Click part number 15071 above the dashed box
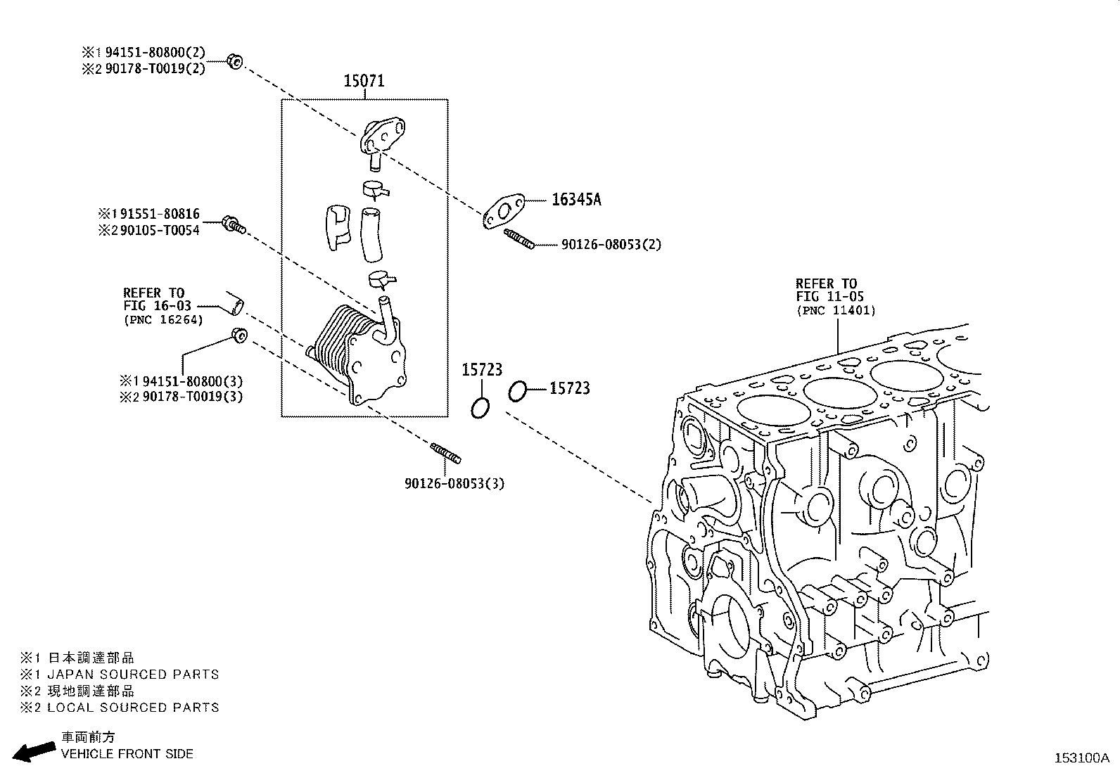364,81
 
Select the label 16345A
576,200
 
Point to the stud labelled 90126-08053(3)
445,454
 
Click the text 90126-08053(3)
454,484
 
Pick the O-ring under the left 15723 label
481,407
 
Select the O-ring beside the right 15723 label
517,391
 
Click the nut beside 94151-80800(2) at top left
236,61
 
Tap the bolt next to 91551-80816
233,225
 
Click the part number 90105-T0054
160,230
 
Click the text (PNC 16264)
163,320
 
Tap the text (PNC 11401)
836,310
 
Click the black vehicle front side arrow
34,750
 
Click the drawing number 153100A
1081,758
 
